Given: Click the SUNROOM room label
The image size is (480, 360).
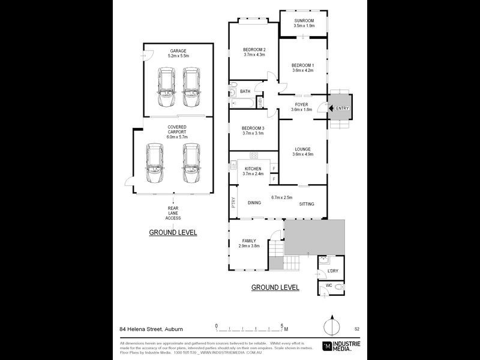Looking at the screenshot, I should (x=304, y=20).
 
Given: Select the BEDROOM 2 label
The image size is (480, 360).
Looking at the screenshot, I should (x=254, y=49).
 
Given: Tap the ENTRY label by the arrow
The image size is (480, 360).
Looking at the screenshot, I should (x=343, y=108).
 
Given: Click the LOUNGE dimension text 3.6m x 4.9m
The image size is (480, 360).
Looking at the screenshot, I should (x=303, y=154).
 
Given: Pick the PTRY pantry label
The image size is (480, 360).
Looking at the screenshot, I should (x=233, y=203).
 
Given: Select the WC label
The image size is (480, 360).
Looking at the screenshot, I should (x=328, y=286).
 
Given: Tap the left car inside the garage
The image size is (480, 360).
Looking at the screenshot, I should (x=164, y=83).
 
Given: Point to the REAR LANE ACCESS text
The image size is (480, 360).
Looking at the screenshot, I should (x=173, y=213).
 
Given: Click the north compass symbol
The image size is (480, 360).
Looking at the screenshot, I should (x=331, y=328).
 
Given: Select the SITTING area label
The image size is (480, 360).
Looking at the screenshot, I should (x=307, y=204).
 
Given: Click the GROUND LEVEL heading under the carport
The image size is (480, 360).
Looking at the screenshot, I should (x=173, y=232).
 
